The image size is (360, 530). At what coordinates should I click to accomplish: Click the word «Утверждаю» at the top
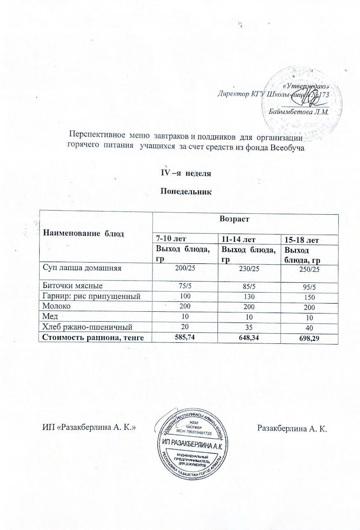click(x=308, y=86)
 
